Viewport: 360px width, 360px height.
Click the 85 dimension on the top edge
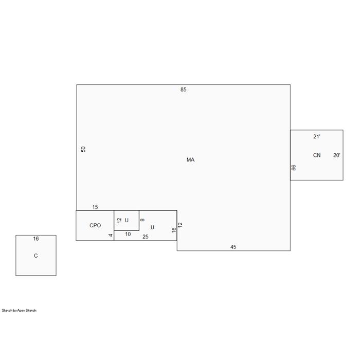coord(183,89)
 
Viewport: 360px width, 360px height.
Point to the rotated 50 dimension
coord(83,149)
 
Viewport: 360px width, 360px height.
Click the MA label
coord(190,160)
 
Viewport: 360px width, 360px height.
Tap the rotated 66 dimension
coord(294,168)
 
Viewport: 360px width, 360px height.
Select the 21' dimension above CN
coord(317,137)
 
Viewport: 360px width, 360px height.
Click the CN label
coord(317,155)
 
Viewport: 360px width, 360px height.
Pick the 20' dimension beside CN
coord(336,155)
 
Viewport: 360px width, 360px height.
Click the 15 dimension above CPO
coord(95,207)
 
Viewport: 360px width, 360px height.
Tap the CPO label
coord(95,225)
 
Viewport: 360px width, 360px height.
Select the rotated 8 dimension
coord(142,220)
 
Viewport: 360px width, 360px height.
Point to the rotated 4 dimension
coord(111,236)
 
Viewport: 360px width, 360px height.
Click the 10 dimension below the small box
coord(128,234)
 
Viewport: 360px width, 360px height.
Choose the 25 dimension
coord(146,237)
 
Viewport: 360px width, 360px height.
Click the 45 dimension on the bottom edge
coord(233,247)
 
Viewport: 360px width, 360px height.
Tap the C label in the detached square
coord(36,256)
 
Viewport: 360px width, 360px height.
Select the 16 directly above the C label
coord(36,239)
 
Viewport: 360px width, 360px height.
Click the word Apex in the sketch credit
coord(21,311)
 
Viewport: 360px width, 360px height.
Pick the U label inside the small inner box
coord(127,221)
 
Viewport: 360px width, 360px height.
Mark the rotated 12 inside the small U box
coord(119,221)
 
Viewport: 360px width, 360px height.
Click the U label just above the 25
coord(152,227)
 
